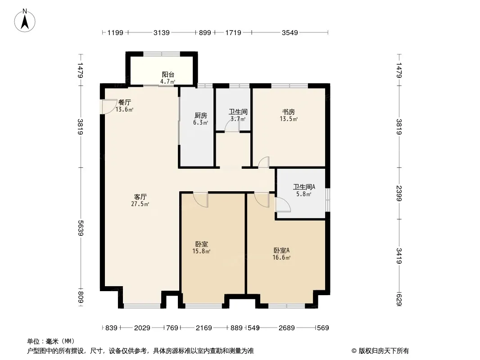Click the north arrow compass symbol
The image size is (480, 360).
(x=25, y=20)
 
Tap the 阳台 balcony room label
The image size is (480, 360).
(x=168, y=74)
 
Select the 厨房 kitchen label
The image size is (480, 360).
(x=200, y=115)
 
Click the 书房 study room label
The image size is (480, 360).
(x=289, y=112)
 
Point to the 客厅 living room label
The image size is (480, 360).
(x=140, y=197)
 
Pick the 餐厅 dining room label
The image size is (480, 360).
(x=125, y=102)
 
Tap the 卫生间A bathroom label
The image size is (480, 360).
(x=304, y=187)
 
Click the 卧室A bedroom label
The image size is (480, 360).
(x=281, y=250)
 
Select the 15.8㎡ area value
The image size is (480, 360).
(x=201, y=252)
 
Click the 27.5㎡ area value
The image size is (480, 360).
(x=140, y=204)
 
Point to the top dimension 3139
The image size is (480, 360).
(x=161, y=32)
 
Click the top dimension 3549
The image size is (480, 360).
(x=290, y=32)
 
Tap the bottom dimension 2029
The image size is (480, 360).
(x=142, y=328)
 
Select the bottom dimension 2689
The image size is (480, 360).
(x=286, y=328)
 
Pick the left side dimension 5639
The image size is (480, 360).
(x=81, y=228)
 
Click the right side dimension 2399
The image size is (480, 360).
(x=398, y=193)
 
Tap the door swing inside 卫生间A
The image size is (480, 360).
(x=283, y=204)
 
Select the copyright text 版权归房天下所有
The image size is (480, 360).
(x=384, y=351)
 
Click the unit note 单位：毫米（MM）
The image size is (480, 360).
(x=51, y=342)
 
